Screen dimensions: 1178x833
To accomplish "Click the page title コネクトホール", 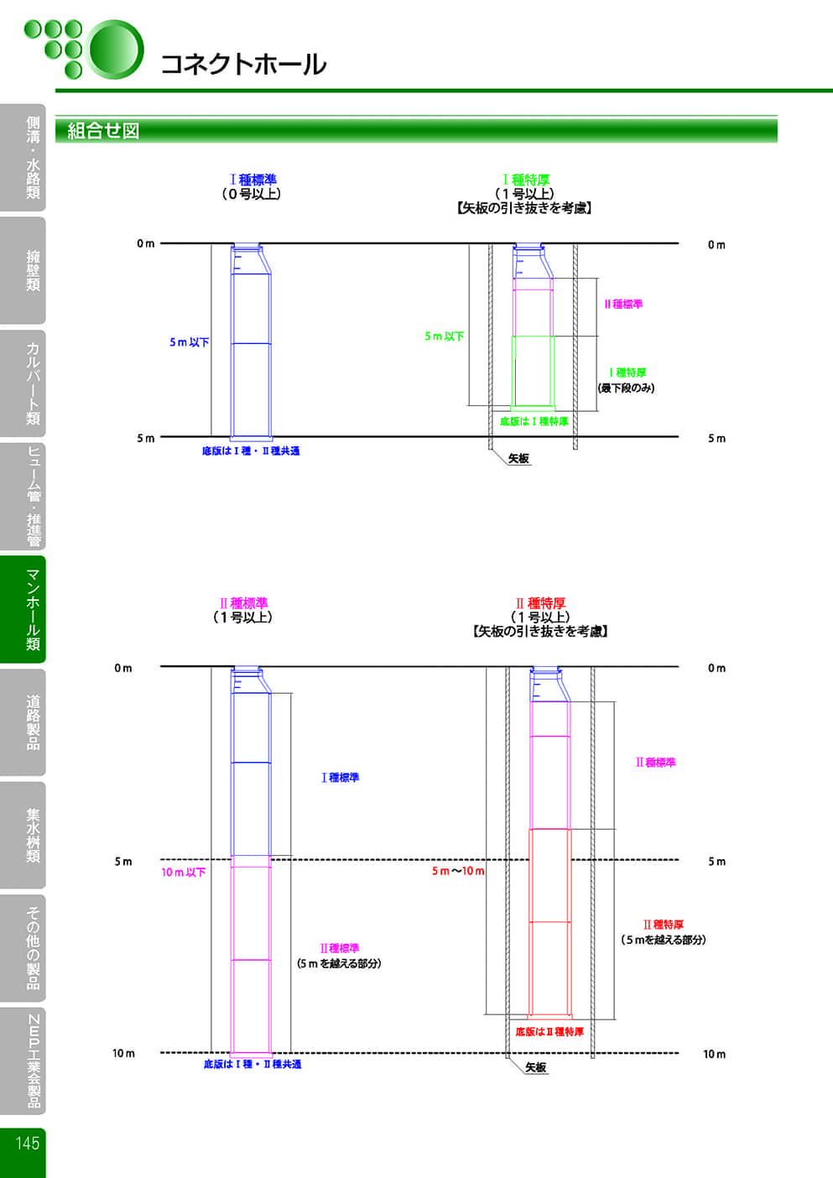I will click(x=242, y=65).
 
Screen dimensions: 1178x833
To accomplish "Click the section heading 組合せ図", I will click(x=103, y=131).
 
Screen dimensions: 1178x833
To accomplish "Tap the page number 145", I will click(x=27, y=1143).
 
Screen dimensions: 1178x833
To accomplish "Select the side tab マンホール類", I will click(x=33, y=610).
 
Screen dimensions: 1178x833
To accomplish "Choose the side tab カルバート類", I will click(x=33, y=383).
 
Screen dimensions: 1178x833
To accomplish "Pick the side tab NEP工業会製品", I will click(x=33, y=1061).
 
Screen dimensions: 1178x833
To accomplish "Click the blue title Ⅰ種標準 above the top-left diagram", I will click(x=253, y=180).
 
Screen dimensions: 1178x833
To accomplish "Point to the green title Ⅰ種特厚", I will click(x=526, y=180).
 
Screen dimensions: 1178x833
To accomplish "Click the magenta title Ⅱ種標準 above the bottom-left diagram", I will click(x=243, y=603).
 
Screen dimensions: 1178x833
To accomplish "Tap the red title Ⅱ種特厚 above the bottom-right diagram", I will click(x=540, y=603).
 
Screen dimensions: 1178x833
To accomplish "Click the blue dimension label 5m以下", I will click(x=189, y=342).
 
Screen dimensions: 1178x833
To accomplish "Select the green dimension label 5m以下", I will click(x=444, y=336).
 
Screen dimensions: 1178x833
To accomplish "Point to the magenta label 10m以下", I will click(x=183, y=873).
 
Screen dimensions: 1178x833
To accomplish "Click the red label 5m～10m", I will click(x=458, y=871).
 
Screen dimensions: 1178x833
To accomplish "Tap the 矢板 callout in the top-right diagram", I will click(x=518, y=459).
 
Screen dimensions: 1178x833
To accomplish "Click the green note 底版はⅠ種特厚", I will click(x=534, y=421).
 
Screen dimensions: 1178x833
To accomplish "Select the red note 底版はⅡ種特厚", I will click(x=549, y=1031).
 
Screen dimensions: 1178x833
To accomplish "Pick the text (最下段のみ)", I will click(x=626, y=388).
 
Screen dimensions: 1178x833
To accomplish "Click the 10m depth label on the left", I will click(x=123, y=1053).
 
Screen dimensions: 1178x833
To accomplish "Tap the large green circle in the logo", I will click(x=116, y=49).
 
